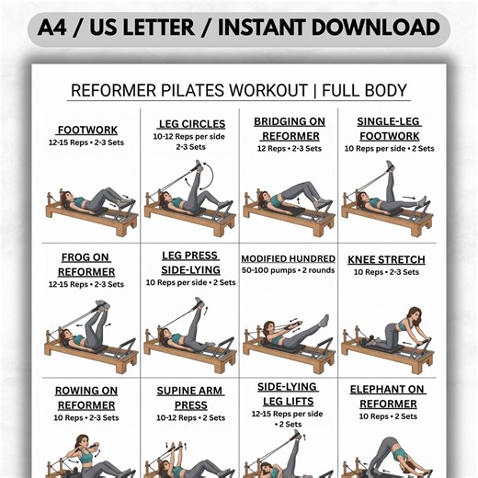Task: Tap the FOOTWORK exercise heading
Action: [86, 130]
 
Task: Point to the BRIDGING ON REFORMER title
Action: [290, 128]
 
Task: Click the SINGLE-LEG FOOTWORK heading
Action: [390, 128]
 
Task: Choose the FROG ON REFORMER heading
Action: [86, 265]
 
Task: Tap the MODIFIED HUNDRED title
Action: [288, 259]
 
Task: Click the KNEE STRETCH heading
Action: [387, 259]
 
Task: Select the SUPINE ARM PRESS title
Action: [189, 397]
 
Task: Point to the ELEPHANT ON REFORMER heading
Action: [389, 397]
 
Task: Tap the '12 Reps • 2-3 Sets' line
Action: [289, 148]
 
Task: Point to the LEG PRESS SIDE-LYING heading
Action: [189, 262]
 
